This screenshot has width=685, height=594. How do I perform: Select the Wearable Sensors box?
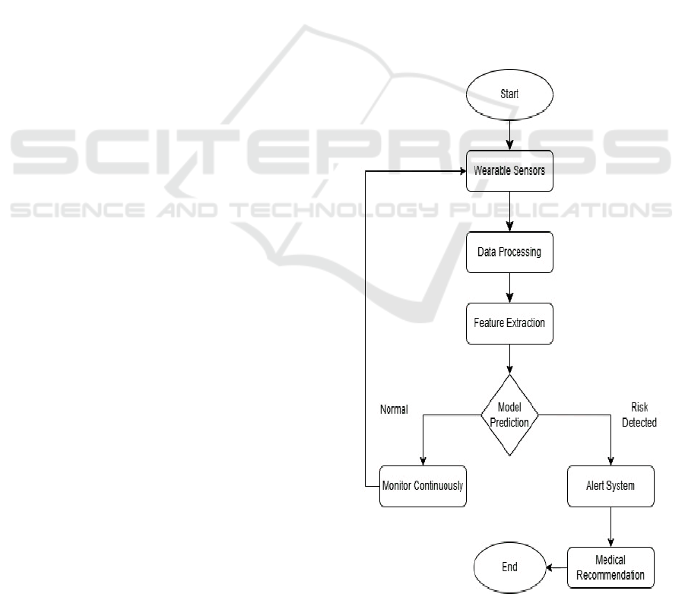click(x=509, y=171)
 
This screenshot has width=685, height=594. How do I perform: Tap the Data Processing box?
click(x=509, y=252)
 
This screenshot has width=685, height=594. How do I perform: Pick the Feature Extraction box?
click(x=509, y=322)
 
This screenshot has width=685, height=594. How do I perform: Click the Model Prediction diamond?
click(x=509, y=415)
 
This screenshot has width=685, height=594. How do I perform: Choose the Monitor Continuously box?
click(x=423, y=486)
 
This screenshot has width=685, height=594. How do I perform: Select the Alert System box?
click(x=610, y=486)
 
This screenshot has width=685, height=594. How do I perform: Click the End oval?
click(x=509, y=567)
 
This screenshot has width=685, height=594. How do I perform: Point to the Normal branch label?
click(x=394, y=410)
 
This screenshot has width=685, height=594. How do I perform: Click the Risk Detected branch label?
click(x=639, y=415)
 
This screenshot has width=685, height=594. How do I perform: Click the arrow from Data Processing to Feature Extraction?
click(x=509, y=287)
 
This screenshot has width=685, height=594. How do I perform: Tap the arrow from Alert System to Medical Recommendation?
click(x=610, y=526)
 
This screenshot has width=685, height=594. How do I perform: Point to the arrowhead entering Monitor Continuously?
click(x=423, y=461)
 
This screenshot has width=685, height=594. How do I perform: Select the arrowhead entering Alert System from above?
click(x=610, y=461)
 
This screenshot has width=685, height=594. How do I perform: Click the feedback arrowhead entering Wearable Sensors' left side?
click(x=461, y=171)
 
